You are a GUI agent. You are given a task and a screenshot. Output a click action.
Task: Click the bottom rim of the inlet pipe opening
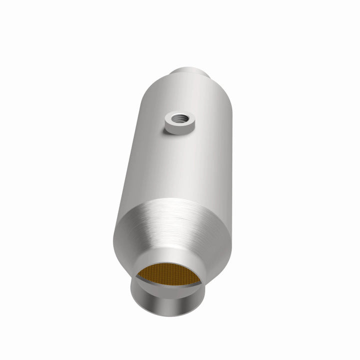click(x=165, y=314)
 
